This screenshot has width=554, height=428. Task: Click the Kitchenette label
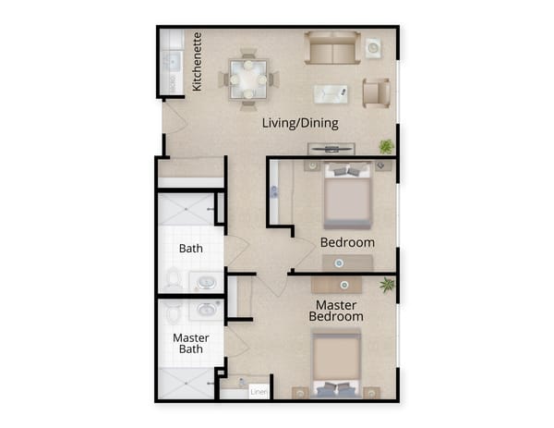point(197,64)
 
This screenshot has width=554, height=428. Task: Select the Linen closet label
point(259,391)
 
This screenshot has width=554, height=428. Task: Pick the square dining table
point(248,79)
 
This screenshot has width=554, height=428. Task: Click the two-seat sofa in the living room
point(332,48)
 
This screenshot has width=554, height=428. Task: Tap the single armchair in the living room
point(376,92)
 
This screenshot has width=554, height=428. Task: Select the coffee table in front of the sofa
point(331,93)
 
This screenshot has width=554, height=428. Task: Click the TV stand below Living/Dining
point(330,148)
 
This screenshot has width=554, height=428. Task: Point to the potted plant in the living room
point(386,146)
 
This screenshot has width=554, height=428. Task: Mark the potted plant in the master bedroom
point(387,285)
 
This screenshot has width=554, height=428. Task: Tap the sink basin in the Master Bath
point(205,309)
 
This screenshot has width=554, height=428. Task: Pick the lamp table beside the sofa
point(373,46)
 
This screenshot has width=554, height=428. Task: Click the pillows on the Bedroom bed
point(347,171)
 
